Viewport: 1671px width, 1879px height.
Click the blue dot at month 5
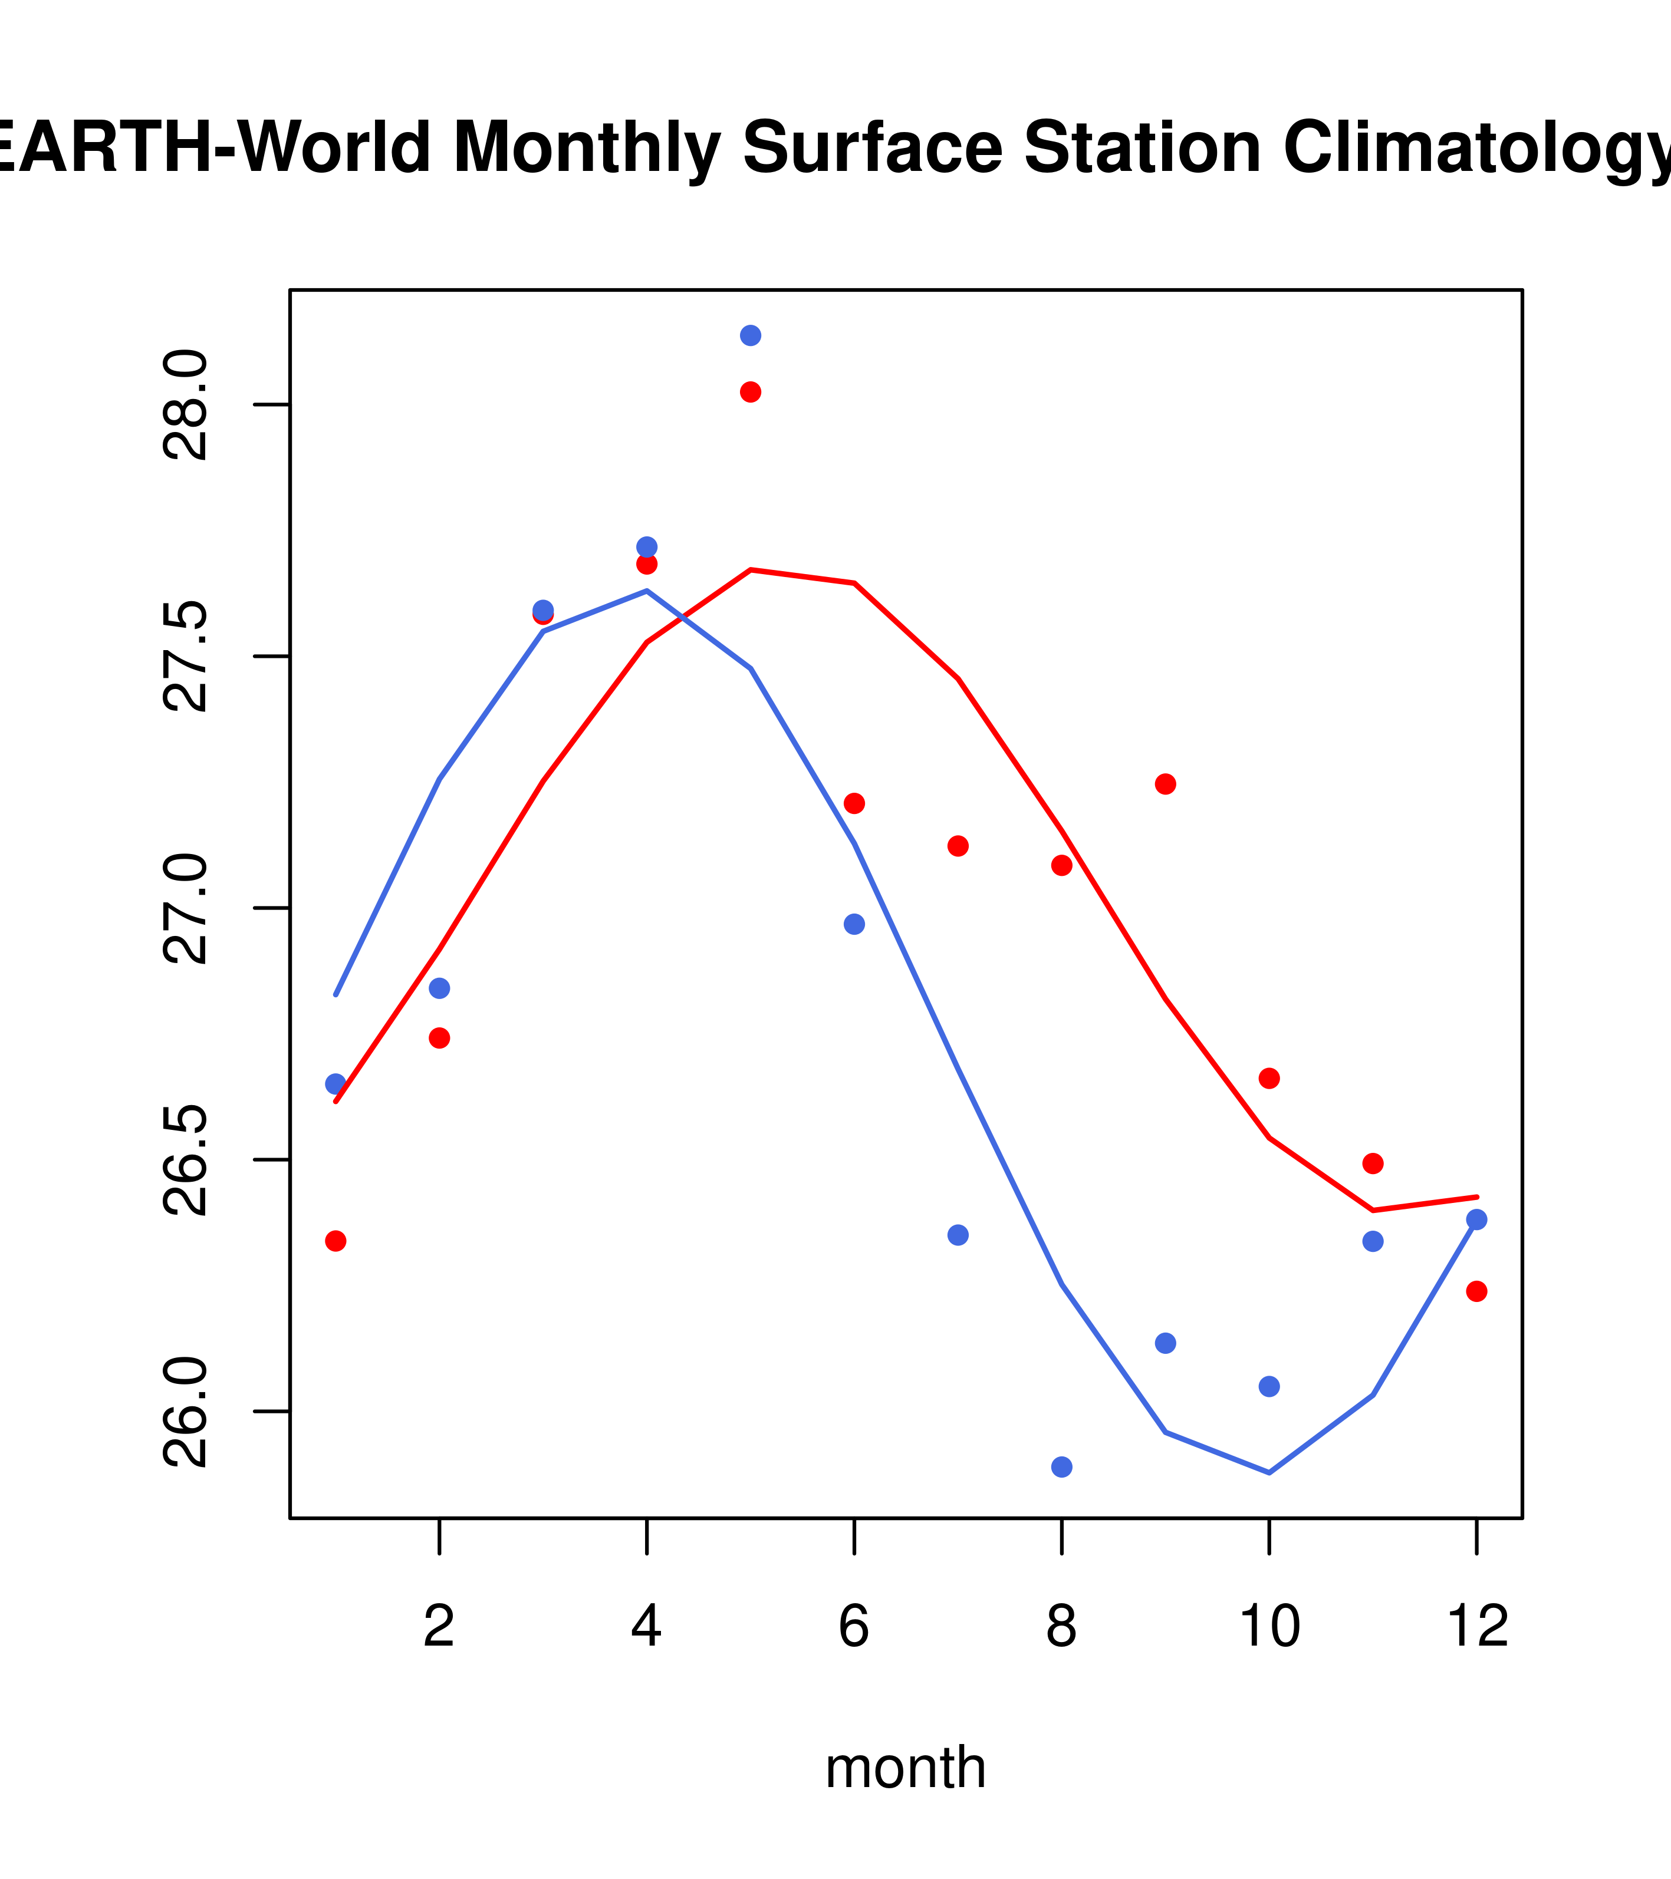tap(751, 335)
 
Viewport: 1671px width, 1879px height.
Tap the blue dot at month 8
tap(1061, 1466)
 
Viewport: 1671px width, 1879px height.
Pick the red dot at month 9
tap(1165, 784)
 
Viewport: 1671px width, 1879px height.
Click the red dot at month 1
tap(335, 1241)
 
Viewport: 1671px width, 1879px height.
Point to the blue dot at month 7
tap(958, 1235)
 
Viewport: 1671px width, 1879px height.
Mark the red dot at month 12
tap(1476, 1291)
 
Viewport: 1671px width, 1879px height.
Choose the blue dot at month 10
tap(1269, 1386)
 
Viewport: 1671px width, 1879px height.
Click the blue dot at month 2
tap(440, 988)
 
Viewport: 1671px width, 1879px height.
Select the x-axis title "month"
tap(906, 1767)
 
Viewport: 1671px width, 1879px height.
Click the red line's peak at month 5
tap(751, 570)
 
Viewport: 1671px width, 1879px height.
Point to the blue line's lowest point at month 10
tap(1269, 1473)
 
